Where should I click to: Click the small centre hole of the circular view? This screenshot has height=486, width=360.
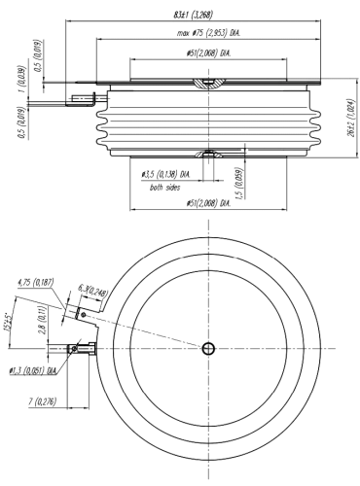[x=208, y=348]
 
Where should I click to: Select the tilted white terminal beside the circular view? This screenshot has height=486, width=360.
[x=72, y=313]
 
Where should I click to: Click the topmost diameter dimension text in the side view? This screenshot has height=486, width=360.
[x=195, y=15]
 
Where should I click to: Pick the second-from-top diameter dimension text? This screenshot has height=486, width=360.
[x=209, y=32]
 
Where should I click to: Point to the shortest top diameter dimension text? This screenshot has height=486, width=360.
[x=209, y=51]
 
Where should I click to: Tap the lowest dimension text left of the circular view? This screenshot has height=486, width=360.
[x=40, y=399]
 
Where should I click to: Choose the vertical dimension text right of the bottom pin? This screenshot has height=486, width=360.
[x=239, y=178]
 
